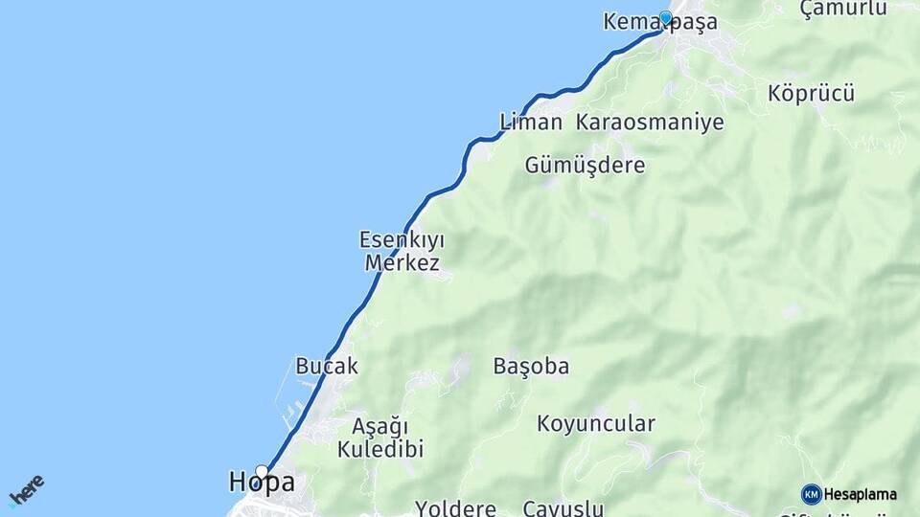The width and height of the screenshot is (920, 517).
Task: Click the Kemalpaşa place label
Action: tap(660, 22)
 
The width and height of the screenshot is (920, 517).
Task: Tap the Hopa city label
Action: tap(262, 483)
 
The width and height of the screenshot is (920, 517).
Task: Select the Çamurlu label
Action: tap(842, 8)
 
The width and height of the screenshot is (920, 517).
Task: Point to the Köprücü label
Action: tap(811, 94)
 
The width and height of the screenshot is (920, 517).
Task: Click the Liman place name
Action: tap(531, 123)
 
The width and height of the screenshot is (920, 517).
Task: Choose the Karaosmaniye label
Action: tap(650, 123)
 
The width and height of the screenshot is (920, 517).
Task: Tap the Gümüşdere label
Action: tap(585, 166)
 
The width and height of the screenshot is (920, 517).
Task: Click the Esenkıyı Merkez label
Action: tap(402, 251)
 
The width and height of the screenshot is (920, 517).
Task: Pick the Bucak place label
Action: tap(327, 366)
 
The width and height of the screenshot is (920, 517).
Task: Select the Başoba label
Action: tap(531, 366)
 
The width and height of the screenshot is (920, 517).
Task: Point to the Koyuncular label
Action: tap(596, 423)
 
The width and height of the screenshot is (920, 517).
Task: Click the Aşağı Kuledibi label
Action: tap(380, 437)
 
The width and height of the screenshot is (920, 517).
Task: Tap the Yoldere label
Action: tap(455, 507)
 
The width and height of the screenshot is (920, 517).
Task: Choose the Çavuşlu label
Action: tap(563, 508)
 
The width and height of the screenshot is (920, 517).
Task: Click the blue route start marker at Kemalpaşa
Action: tap(665, 17)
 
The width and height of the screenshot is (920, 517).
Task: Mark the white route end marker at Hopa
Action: tap(262, 470)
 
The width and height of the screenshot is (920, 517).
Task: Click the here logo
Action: tap(27, 489)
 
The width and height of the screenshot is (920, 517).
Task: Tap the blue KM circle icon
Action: tap(811, 494)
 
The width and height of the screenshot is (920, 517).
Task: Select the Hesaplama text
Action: tap(861, 495)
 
